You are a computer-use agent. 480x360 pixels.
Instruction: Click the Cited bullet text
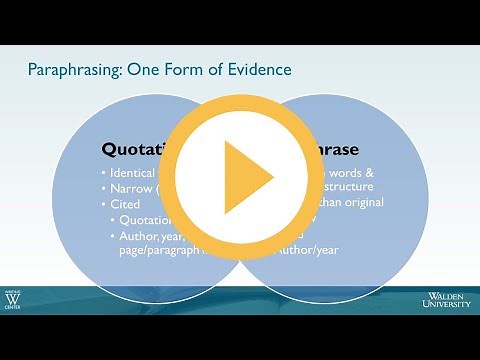click(129, 204)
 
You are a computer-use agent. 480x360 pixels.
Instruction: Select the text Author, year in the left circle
click(150, 237)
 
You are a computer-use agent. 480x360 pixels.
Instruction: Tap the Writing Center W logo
click(15, 301)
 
